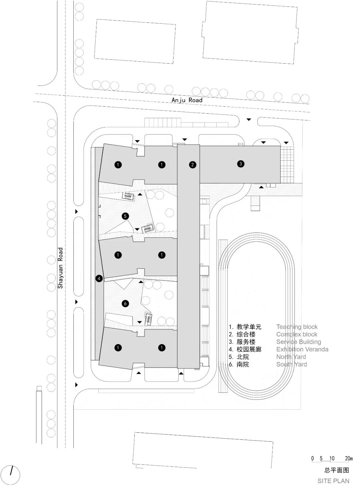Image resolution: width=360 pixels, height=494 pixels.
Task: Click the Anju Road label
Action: pos(187,100)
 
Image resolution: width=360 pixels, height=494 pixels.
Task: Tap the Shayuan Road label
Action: pos(60,268)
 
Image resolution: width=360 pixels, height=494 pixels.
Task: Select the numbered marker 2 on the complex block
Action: pos(192,165)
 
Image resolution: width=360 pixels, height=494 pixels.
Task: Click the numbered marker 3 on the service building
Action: pos(241,164)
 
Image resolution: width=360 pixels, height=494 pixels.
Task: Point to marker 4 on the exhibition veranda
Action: pos(99,279)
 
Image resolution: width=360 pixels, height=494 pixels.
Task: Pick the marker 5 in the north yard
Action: pos(125,216)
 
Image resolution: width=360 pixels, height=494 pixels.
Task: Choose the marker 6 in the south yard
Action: pos(125,303)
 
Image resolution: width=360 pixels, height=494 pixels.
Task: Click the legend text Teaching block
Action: pos(297,327)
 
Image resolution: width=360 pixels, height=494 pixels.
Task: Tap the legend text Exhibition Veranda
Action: pos(302,349)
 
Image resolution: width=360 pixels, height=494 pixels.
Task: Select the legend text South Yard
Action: pos(291,364)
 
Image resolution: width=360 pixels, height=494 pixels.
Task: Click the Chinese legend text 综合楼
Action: pos(246,334)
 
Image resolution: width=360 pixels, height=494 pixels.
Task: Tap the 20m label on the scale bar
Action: pos(349,458)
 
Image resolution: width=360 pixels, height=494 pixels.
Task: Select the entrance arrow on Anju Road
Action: pos(249,120)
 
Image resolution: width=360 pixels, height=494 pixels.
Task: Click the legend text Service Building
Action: pos(299,342)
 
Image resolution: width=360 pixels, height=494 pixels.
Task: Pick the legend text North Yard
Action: pos(291,357)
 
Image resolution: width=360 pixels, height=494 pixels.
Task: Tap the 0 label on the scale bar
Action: pos(312,458)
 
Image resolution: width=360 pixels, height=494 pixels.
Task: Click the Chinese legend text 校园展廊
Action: pos(249,349)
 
